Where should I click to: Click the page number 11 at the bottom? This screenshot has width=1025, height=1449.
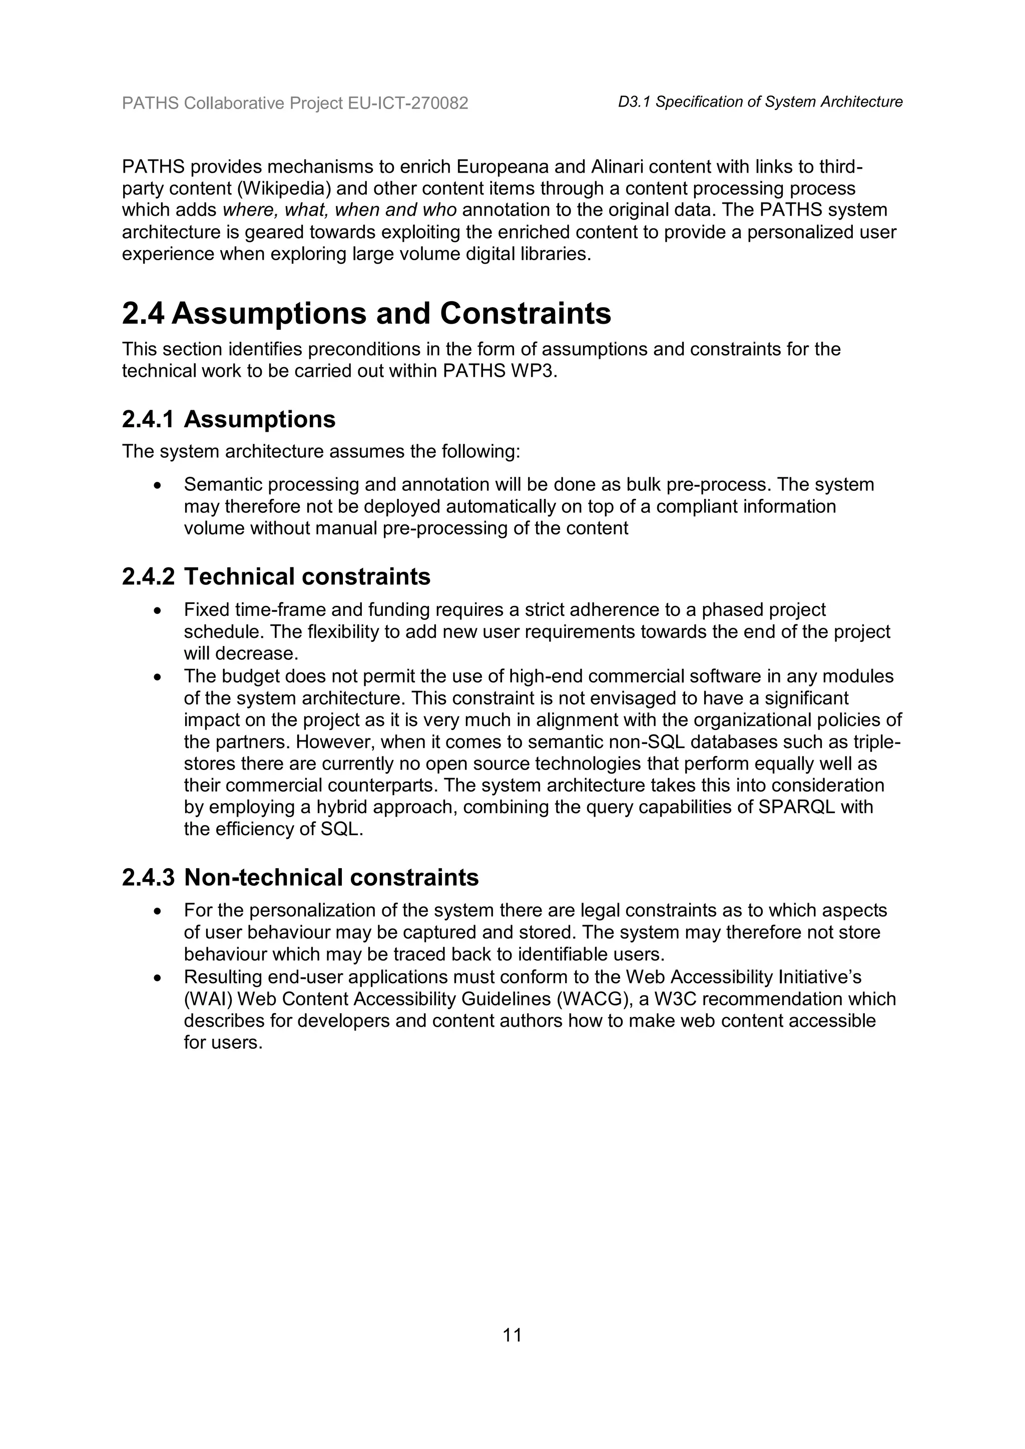(x=512, y=1335)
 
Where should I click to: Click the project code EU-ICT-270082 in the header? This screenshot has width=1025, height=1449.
(x=408, y=103)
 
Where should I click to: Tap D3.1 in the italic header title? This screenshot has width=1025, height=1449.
(x=634, y=102)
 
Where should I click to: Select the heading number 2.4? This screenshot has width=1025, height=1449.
(x=143, y=314)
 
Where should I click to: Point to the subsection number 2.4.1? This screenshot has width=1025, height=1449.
(x=148, y=419)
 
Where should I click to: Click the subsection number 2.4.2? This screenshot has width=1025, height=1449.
(x=148, y=576)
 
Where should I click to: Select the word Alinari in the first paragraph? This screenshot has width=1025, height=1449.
(x=616, y=167)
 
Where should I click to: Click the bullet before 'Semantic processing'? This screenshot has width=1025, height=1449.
(x=157, y=485)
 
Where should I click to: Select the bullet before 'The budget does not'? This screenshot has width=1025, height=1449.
(x=157, y=677)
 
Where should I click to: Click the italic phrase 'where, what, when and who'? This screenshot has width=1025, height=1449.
(x=339, y=210)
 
